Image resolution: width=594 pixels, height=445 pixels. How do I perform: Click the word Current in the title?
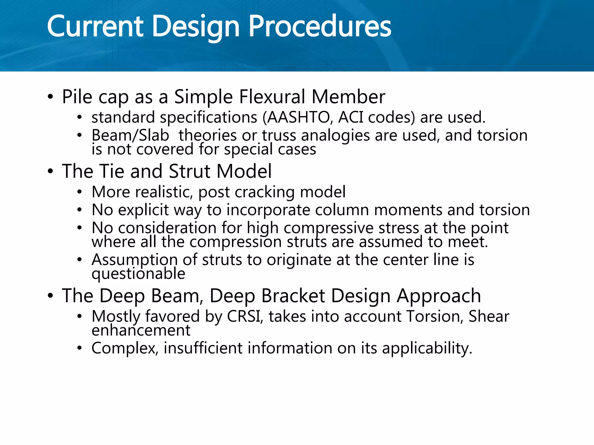click(x=95, y=27)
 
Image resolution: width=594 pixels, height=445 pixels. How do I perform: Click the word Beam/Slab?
click(x=130, y=136)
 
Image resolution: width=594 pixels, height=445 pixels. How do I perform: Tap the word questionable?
click(x=138, y=274)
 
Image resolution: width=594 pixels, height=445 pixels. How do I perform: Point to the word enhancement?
click(x=141, y=330)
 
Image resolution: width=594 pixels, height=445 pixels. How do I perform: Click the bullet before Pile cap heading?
click(x=50, y=97)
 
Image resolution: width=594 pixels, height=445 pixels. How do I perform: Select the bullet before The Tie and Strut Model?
click(x=50, y=172)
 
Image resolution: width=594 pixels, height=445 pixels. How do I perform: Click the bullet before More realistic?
click(x=80, y=192)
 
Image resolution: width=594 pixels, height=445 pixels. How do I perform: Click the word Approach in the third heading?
click(x=439, y=296)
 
